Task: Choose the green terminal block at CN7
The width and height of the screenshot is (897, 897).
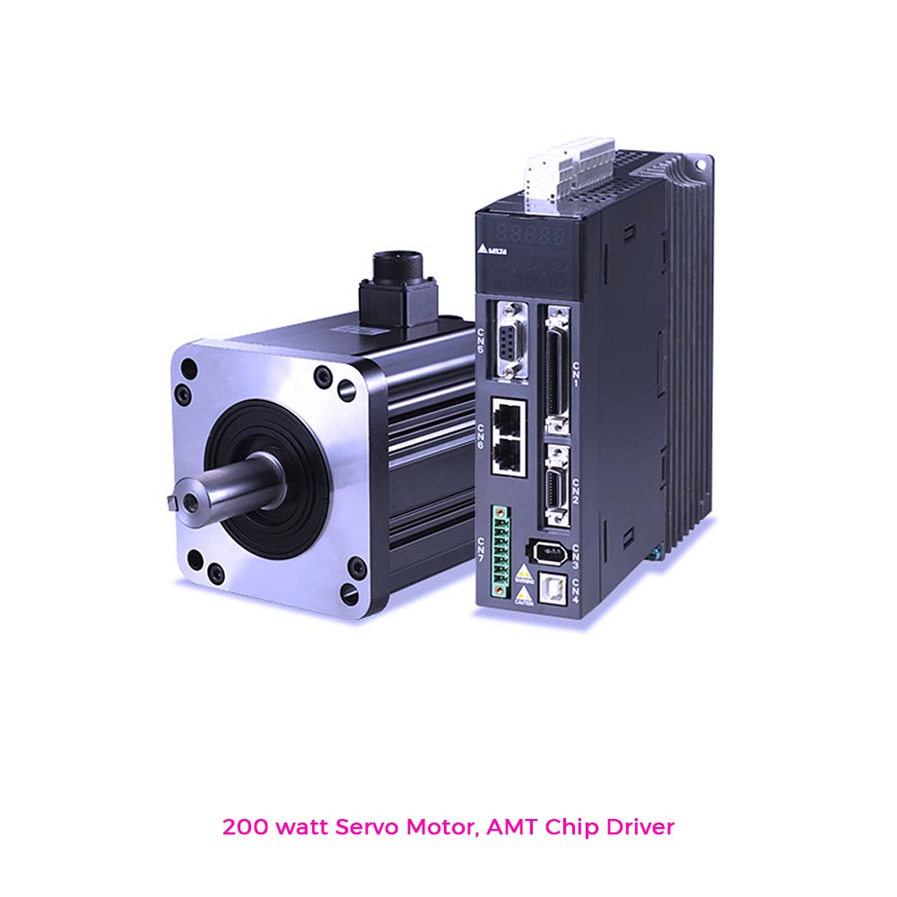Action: click(x=501, y=551)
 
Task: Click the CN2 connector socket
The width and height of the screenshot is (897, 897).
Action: click(x=556, y=485)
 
